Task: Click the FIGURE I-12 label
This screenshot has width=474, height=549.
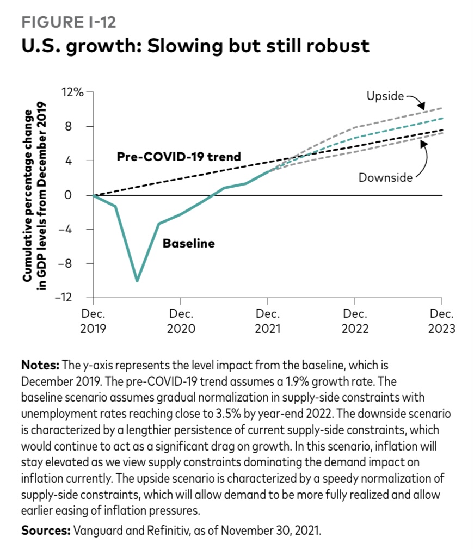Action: tap(69, 22)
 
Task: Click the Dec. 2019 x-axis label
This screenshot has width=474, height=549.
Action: tap(94, 322)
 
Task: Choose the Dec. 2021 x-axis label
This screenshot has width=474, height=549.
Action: tap(268, 322)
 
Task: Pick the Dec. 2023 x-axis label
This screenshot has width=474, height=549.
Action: tap(442, 322)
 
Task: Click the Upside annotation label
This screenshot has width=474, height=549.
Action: tap(385, 97)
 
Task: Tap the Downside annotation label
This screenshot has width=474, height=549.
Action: tap(385, 177)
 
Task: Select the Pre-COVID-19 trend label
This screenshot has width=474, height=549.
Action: tap(179, 157)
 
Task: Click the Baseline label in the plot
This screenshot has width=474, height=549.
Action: tap(189, 243)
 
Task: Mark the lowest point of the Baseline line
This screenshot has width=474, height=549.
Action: tap(137, 281)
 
